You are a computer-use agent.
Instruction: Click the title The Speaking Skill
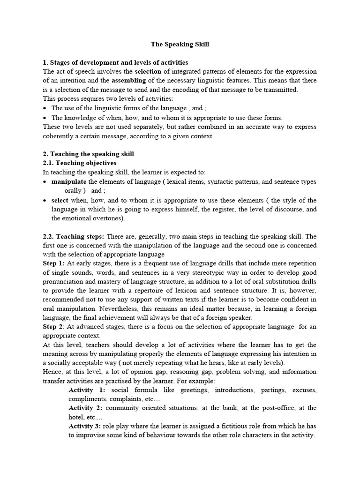[x=180, y=45]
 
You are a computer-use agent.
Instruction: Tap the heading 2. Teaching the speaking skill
[x=88, y=154]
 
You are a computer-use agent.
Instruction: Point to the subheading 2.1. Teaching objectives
[x=79, y=163]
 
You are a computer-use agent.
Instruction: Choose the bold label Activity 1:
[x=87, y=390]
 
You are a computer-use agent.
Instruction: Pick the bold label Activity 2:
[x=87, y=408]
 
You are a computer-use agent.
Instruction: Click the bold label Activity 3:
[x=87, y=426]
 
